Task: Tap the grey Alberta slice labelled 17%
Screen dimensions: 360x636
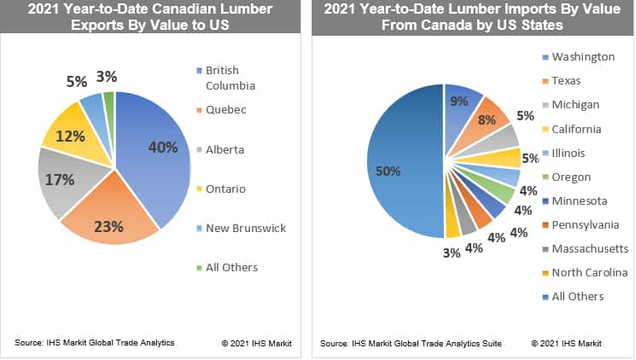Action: tap(73, 183)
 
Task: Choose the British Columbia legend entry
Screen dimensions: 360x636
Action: tap(224, 77)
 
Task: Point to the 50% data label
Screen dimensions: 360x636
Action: tap(388, 171)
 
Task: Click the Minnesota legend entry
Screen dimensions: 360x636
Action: tap(578, 200)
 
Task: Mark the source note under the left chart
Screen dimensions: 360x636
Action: tap(95, 342)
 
